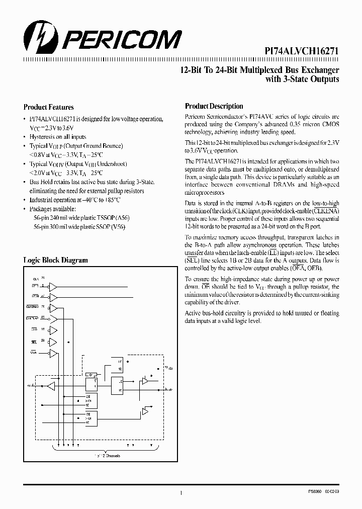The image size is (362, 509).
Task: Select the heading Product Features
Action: pos(49,107)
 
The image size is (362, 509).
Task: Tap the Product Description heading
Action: pos(214,106)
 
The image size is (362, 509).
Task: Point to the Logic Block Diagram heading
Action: pos(55,260)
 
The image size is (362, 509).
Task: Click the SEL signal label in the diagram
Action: pos(35,342)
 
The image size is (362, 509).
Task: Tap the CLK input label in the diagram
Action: pos(36,278)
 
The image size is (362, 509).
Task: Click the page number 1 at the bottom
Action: pos(180,494)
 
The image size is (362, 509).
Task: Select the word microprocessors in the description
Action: pos(205,193)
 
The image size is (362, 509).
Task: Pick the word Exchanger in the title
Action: pos(320,70)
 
